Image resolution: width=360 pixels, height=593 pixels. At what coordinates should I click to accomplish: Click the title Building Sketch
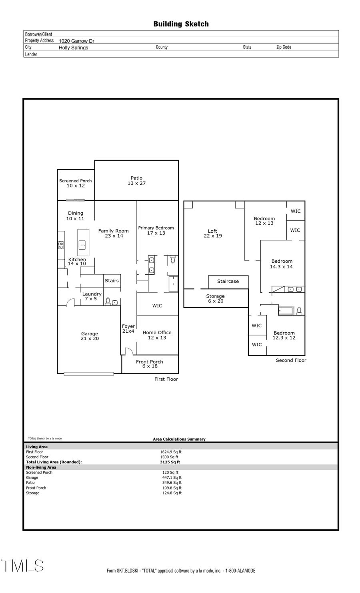point(181,24)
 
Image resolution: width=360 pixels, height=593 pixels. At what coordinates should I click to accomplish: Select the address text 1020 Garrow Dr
point(76,41)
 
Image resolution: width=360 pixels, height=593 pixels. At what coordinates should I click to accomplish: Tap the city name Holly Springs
point(73,47)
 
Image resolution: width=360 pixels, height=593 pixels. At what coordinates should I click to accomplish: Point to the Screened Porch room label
point(76,183)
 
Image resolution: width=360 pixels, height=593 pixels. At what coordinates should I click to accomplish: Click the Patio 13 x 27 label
point(136,181)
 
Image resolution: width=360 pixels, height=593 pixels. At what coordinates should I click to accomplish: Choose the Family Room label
point(114,233)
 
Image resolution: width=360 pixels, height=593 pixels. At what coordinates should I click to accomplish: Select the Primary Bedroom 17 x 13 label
point(156,230)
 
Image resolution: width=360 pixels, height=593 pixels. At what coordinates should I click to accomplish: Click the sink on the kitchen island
point(82,244)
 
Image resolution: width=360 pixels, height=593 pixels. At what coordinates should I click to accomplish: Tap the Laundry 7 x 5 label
point(92,296)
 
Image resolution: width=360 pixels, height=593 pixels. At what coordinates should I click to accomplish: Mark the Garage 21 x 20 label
point(90,336)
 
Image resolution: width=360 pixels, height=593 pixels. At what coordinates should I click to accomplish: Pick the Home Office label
point(157,335)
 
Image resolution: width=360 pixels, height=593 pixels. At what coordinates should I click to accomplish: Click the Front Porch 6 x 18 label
point(150,364)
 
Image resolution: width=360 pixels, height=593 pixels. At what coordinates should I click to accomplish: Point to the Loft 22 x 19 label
point(212,233)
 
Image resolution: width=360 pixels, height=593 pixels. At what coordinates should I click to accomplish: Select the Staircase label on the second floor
point(228,282)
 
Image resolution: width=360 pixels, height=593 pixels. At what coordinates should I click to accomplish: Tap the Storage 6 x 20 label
point(215,299)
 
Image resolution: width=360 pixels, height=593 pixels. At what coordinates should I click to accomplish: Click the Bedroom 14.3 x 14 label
point(282,264)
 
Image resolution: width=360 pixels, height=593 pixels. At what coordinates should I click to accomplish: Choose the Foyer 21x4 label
point(128,329)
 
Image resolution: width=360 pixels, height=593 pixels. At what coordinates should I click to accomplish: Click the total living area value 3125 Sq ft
point(170,462)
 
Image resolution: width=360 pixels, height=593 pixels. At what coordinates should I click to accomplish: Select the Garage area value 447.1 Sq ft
point(172,477)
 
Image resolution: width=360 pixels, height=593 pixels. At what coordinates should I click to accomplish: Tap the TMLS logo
point(22,566)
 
